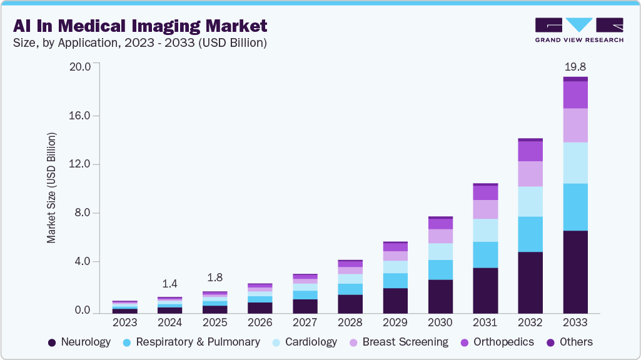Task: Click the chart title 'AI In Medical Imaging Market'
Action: click(x=139, y=26)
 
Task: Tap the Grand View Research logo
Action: click(x=578, y=29)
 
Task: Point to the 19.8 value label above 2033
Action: click(x=575, y=66)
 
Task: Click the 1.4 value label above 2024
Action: click(x=169, y=284)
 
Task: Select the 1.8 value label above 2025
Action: click(x=215, y=277)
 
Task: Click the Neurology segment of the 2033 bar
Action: click(x=575, y=272)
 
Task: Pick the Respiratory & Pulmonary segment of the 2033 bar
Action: click(x=575, y=207)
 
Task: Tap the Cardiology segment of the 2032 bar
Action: click(x=530, y=201)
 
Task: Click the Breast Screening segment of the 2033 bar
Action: click(x=575, y=125)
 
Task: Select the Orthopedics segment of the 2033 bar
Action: click(x=575, y=94)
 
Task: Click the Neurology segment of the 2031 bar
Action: click(x=485, y=290)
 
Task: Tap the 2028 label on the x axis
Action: click(x=350, y=322)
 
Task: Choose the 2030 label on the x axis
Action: click(x=440, y=322)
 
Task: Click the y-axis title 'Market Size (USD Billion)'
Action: click(x=51, y=187)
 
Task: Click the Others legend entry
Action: click(x=570, y=342)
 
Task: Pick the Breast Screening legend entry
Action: click(x=399, y=342)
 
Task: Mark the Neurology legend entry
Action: click(x=79, y=342)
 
